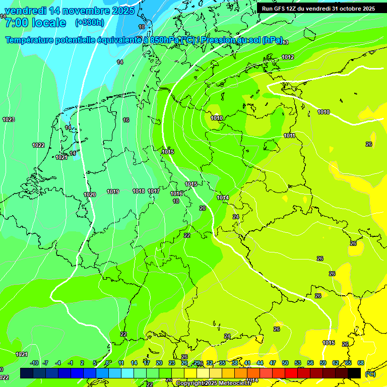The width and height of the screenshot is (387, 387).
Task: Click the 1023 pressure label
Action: tap(9, 119)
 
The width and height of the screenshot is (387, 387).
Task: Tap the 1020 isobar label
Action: tap(90, 195)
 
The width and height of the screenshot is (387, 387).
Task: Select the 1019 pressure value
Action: tap(113, 191)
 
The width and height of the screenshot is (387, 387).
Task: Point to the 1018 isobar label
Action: tap(139, 191)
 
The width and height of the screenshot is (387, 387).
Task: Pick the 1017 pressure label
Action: tap(154, 191)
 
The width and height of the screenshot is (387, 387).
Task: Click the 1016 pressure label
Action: tap(176, 193)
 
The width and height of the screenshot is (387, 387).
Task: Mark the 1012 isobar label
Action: tap(288, 57)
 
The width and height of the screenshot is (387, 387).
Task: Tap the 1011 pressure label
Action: tap(289, 136)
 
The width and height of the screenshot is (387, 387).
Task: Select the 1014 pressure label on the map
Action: tap(223, 198)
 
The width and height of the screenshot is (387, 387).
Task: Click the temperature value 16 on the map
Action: tap(126, 120)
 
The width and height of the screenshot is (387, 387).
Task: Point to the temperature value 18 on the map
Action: tap(176, 201)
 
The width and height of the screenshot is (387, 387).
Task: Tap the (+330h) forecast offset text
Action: tap(89, 23)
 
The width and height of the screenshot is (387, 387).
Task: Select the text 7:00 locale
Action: tap(35, 23)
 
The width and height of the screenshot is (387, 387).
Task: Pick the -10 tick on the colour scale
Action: tap(35, 363)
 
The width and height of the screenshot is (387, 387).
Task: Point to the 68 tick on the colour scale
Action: tap(361, 363)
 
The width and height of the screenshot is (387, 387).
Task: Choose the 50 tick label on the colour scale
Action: tap(285, 363)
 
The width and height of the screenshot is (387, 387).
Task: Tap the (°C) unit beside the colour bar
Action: tap(370, 373)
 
